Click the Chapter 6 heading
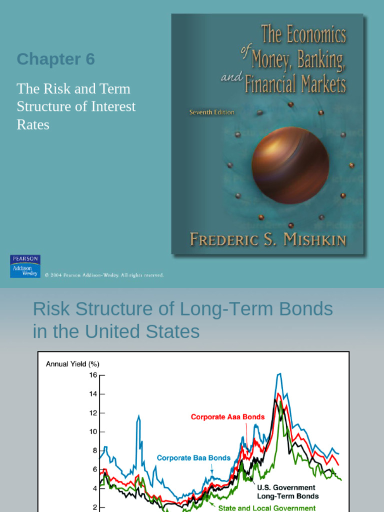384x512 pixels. pyautogui.click(x=55, y=59)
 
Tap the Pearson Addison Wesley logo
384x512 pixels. pyautogui.click(x=25, y=266)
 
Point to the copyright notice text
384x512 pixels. pyautogui.click(x=104, y=275)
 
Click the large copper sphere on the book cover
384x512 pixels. pyautogui.click(x=290, y=165)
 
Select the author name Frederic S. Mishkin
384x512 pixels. pyautogui.click(x=268, y=239)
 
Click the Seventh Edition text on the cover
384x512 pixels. pyautogui.click(x=211, y=112)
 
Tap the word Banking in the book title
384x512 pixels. pyautogui.click(x=319, y=60)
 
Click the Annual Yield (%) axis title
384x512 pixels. pyautogui.click(x=72, y=364)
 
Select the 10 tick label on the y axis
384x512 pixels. pyautogui.click(x=93, y=431)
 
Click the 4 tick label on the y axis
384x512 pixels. pyautogui.click(x=94, y=488)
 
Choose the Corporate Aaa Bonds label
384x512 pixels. pyautogui.click(x=227, y=416)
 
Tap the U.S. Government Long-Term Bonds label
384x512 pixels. pyautogui.click(x=287, y=491)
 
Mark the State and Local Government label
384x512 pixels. pyautogui.click(x=266, y=508)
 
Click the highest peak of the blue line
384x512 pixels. pyautogui.click(x=279, y=373)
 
